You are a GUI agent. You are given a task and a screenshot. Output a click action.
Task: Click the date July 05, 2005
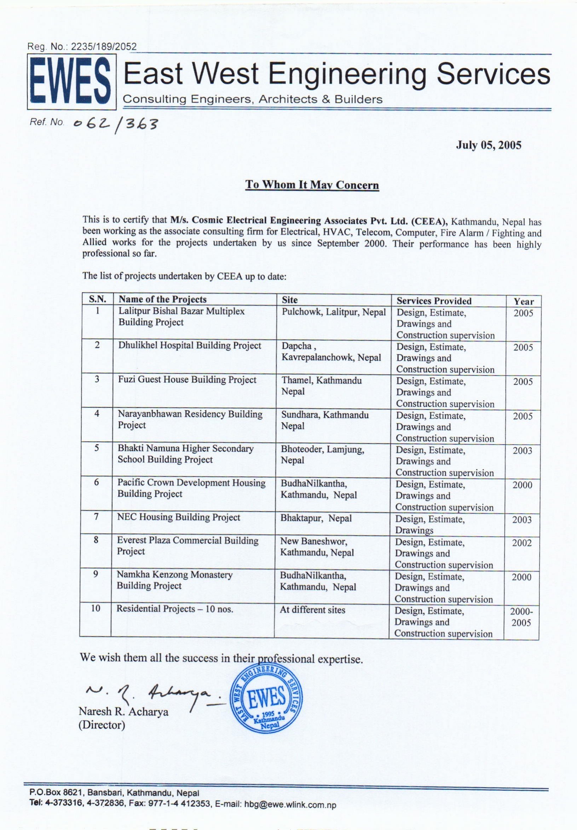(x=489, y=145)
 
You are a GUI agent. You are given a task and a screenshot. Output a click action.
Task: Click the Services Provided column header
(x=434, y=301)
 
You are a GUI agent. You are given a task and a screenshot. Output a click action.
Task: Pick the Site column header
(x=290, y=300)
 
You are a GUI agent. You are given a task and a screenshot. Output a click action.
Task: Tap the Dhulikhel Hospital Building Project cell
(x=190, y=345)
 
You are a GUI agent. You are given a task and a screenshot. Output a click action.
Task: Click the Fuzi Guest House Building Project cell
(x=187, y=380)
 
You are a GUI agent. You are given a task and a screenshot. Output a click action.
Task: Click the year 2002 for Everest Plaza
(x=522, y=543)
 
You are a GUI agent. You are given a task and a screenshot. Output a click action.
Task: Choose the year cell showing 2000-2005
(x=521, y=617)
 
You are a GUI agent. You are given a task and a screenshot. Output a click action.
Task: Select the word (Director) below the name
(x=102, y=725)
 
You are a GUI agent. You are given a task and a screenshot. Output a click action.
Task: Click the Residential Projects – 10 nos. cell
(x=174, y=609)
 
